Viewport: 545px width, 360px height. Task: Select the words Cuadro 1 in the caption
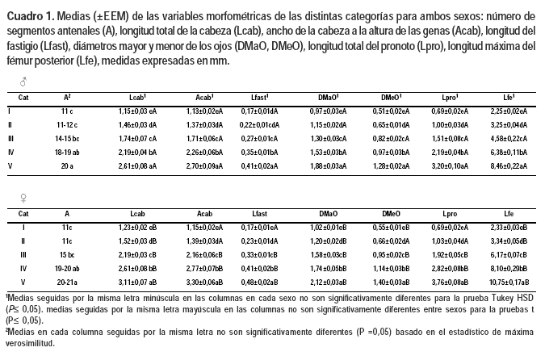point(30,15)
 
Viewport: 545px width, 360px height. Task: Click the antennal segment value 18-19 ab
point(67,153)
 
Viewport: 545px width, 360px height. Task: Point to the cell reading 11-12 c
point(67,124)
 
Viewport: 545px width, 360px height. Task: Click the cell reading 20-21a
point(67,283)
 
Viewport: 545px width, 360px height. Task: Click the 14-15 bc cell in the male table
point(67,139)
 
